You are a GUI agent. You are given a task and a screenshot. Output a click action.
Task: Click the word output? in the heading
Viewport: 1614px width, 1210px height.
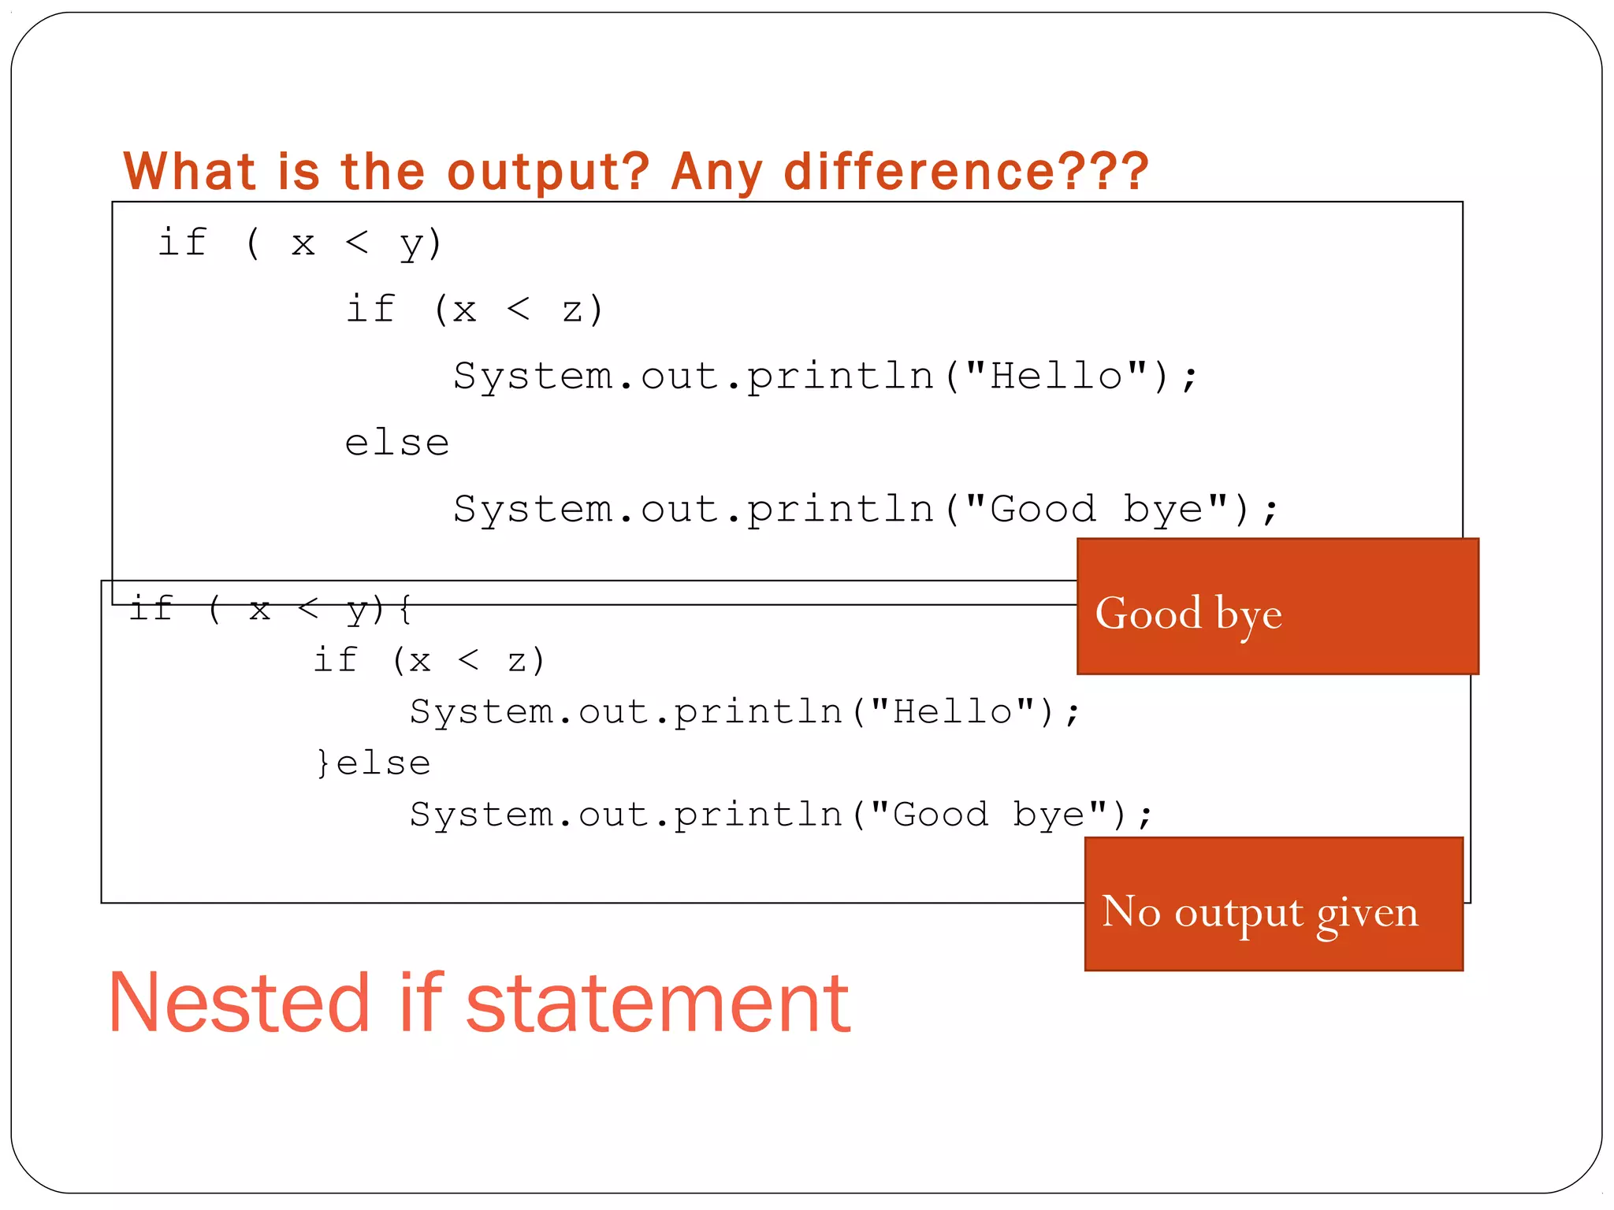pyautogui.click(x=547, y=172)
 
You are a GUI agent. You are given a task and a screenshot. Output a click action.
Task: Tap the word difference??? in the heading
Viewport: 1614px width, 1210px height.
pyautogui.click(x=966, y=172)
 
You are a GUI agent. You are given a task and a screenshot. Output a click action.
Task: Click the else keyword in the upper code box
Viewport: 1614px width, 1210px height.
pyautogui.click(x=396, y=443)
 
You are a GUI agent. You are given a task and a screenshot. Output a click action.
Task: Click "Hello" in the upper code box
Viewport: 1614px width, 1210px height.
pyautogui.click(x=1056, y=376)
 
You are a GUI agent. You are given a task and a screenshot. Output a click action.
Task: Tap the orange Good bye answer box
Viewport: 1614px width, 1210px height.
pyautogui.click(x=1277, y=607)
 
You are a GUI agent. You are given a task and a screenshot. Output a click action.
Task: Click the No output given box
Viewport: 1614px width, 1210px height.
pyautogui.click(x=1274, y=904)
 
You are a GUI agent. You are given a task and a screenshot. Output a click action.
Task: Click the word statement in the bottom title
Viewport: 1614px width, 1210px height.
pyautogui.click(x=658, y=1004)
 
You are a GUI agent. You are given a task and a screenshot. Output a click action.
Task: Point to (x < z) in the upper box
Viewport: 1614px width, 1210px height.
pyautogui.click(x=518, y=310)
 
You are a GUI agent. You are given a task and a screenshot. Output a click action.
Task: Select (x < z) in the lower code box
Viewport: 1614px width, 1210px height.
pyautogui.click(x=468, y=660)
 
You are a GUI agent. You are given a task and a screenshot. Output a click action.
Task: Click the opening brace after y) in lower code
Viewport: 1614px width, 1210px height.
pyautogui.click(x=404, y=609)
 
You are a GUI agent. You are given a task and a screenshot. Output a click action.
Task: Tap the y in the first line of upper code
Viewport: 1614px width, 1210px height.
pyautogui.click(x=412, y=244)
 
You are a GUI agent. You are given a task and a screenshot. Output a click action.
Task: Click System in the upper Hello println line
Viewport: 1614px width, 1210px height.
pyautogui.click(x=533, y=376)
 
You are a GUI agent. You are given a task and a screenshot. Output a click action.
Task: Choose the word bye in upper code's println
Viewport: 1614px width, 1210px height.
pyautogui.click(x=1162, y=510)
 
